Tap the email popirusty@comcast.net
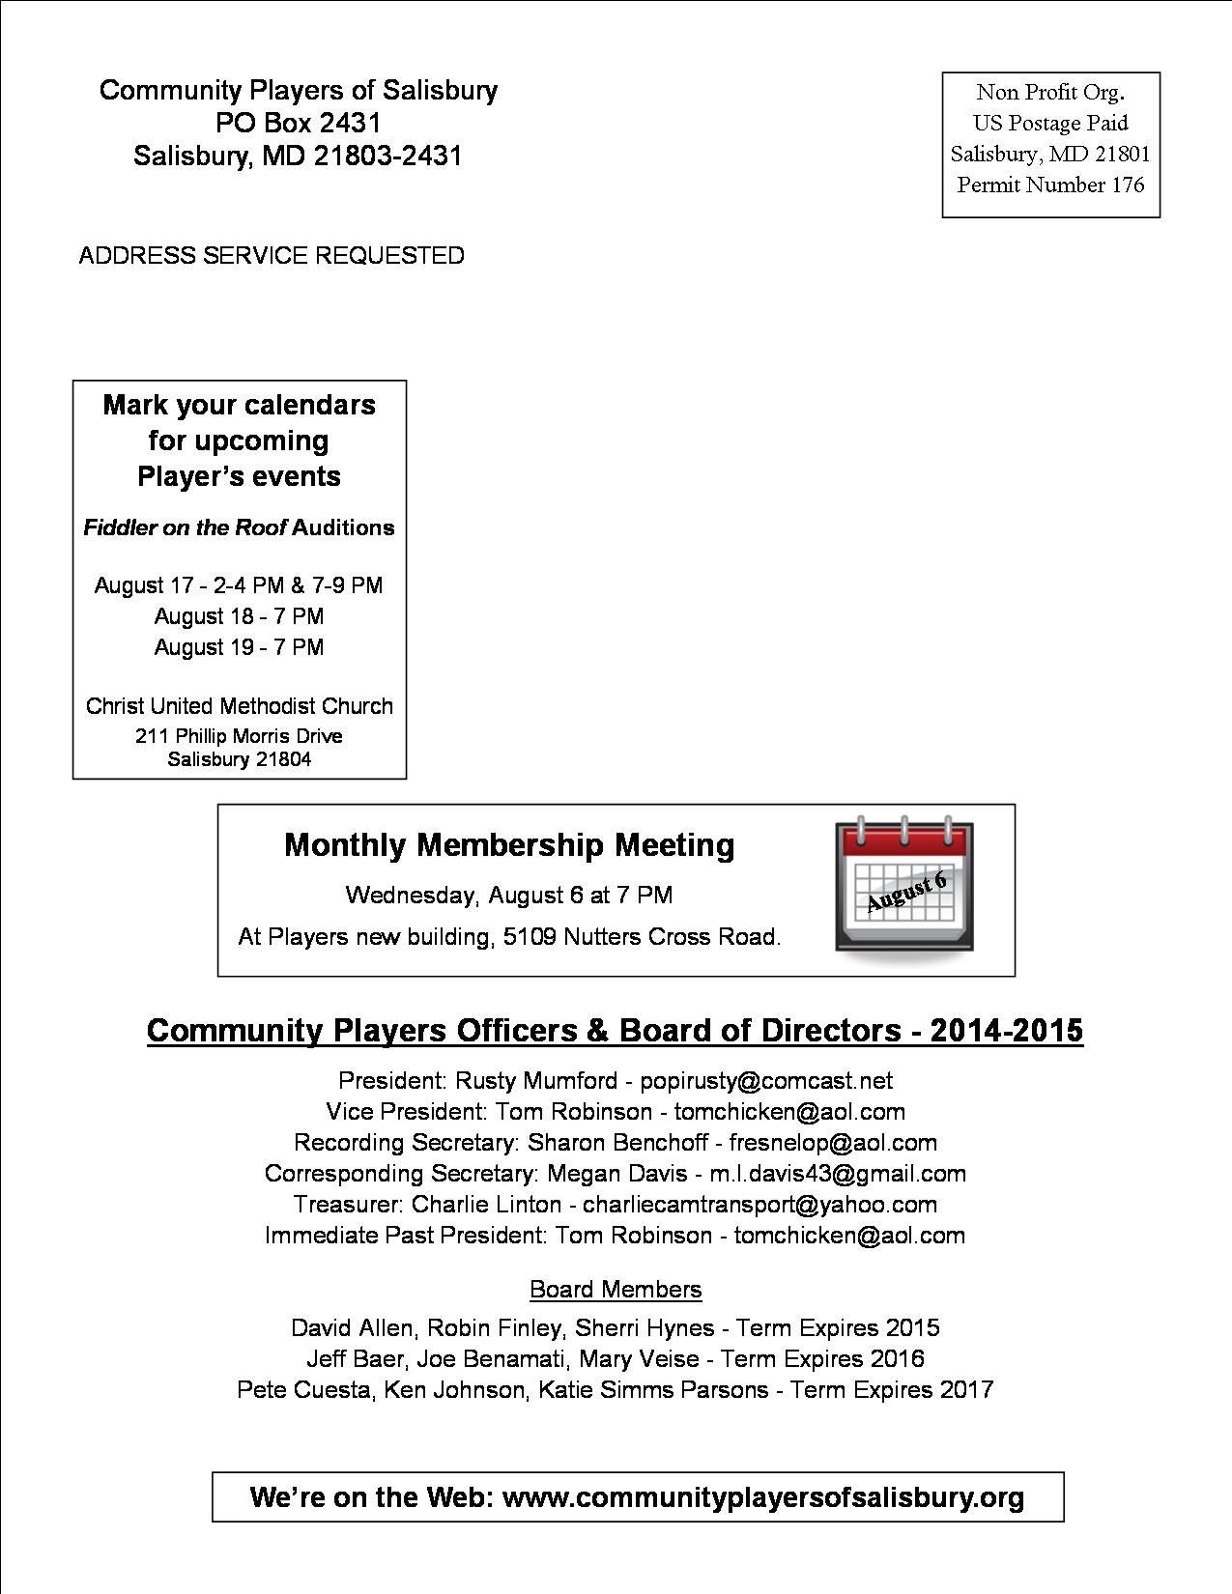coord(766,1080)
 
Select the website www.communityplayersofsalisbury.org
coord(763,1497)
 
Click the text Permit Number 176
coord(1050,185)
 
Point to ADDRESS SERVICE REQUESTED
coord(272,256)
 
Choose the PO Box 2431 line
coord(298,123)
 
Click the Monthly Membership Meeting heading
coord(509,845)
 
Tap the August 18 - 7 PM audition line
coord(239,616)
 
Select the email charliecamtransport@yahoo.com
coord(759,1204)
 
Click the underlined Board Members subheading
coord(616,1290)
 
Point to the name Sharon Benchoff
coord(617,1142)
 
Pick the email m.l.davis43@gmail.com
coord(838,1173)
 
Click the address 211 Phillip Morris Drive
coord(239,736)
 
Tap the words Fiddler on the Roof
coord(185,527)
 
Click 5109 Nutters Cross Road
coord(642,937)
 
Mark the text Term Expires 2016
coord(822,1358)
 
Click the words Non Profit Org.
coord(1050,93)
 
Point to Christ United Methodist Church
coord(240,706)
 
